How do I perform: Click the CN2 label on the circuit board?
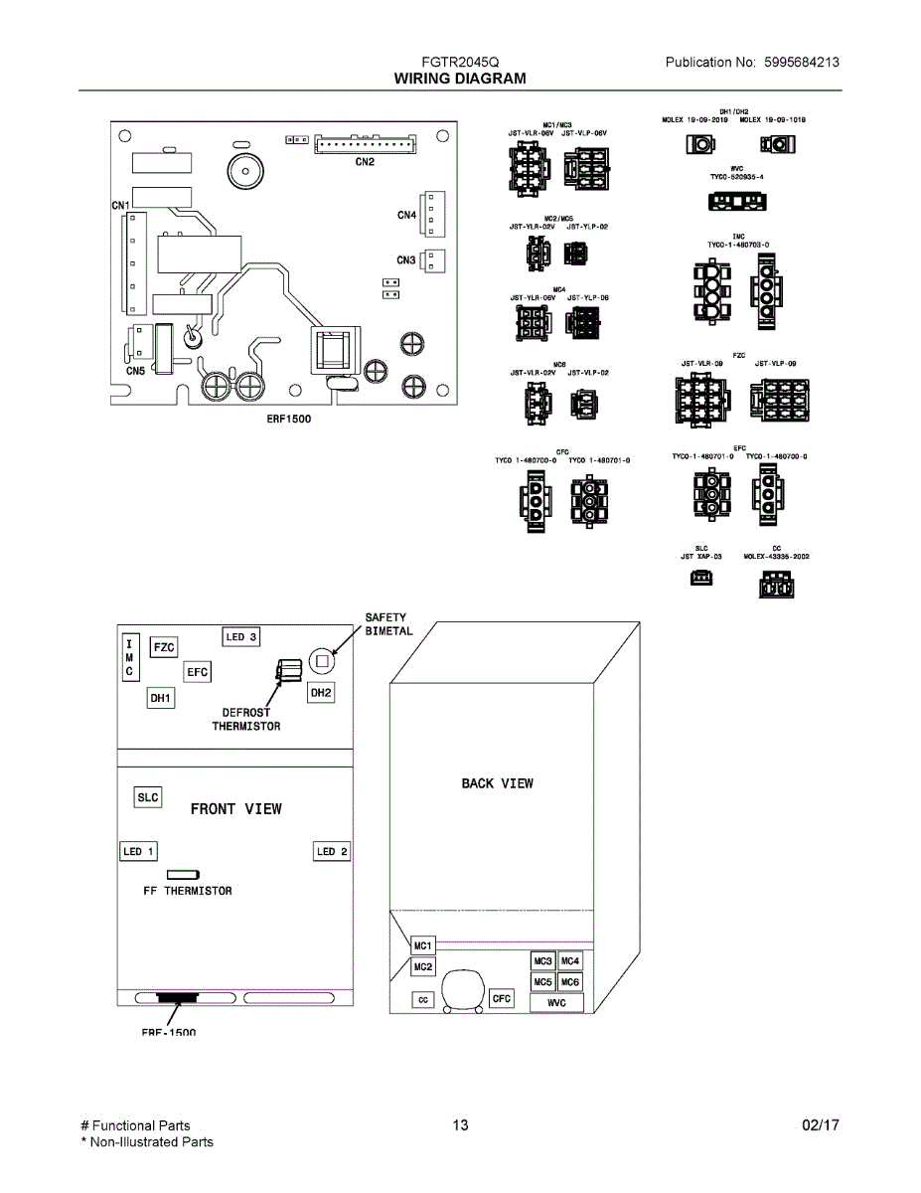[365, 162]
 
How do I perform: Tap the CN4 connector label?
[406, 215]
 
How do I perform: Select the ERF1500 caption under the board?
[288, 419]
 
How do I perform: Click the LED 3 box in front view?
[241, 637]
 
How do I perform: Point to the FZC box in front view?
[164, 648]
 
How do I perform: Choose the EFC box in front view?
[198, 673]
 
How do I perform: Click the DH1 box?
[160, 699]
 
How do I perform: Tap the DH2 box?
[321, 692]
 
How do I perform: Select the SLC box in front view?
[147, 797]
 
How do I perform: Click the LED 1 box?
[138, 852]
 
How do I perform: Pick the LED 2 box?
[332, 852]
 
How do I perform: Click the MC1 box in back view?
[422, 944]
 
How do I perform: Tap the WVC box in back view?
[556, 1003]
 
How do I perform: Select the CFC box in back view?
[502, 998]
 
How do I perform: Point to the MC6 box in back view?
[569, 982]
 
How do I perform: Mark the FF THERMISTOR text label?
[188, 891]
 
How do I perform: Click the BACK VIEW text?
[497, 783]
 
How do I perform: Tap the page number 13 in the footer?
[460, 1125]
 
